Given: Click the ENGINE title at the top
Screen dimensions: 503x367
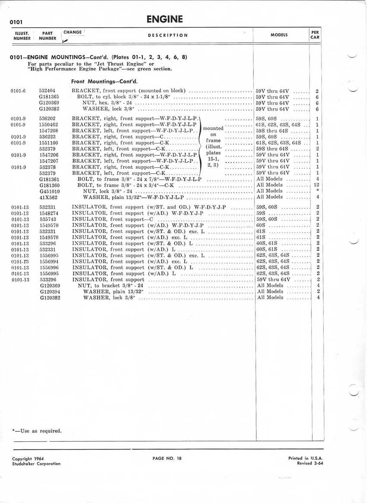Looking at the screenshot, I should (x=165, y=19).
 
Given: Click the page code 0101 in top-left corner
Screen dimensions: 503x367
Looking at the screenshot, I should (x=16, y=22).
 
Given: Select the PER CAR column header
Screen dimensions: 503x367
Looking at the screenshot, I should (x=315, y=35).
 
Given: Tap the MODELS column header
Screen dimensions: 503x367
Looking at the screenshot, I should (x=279, y=35).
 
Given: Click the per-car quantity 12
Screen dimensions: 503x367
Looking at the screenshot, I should (x=316, y=185).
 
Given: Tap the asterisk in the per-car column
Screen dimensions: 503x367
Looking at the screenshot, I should (x=317, y=191).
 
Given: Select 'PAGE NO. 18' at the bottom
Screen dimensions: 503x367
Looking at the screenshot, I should (x=167, y=459).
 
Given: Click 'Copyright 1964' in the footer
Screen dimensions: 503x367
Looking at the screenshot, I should (x=28, y=459).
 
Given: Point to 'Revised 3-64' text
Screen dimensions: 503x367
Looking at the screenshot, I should (x=311, y=463).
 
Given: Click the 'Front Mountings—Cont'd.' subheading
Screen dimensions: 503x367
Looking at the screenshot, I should (x=104, y=81).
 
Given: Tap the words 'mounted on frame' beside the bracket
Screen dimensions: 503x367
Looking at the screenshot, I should (x=213, y=134).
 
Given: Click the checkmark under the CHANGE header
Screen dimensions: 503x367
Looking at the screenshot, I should (x=65, y=40).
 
